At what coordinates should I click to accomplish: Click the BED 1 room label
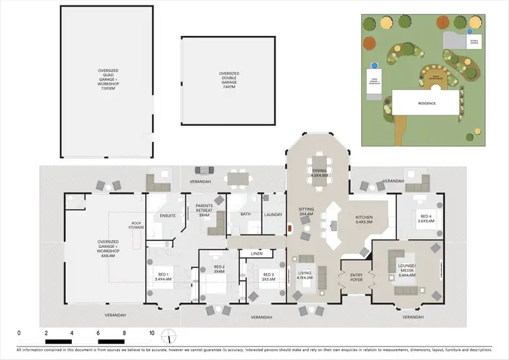coord(162,275)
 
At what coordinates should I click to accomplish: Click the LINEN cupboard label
coord(256,253)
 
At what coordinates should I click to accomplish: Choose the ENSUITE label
coord(168,216)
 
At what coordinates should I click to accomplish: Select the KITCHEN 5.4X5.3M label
coord(364,219)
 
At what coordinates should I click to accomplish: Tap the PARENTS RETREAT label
coord(205,209)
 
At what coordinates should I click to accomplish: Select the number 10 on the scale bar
coord(151,333)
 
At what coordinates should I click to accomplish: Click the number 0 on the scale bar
coord(19,333)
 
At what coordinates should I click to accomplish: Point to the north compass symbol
coord(172,336)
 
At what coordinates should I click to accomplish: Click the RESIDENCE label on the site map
coord(426,104)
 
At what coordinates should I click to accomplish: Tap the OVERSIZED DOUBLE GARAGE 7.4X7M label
coord(228,79)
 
